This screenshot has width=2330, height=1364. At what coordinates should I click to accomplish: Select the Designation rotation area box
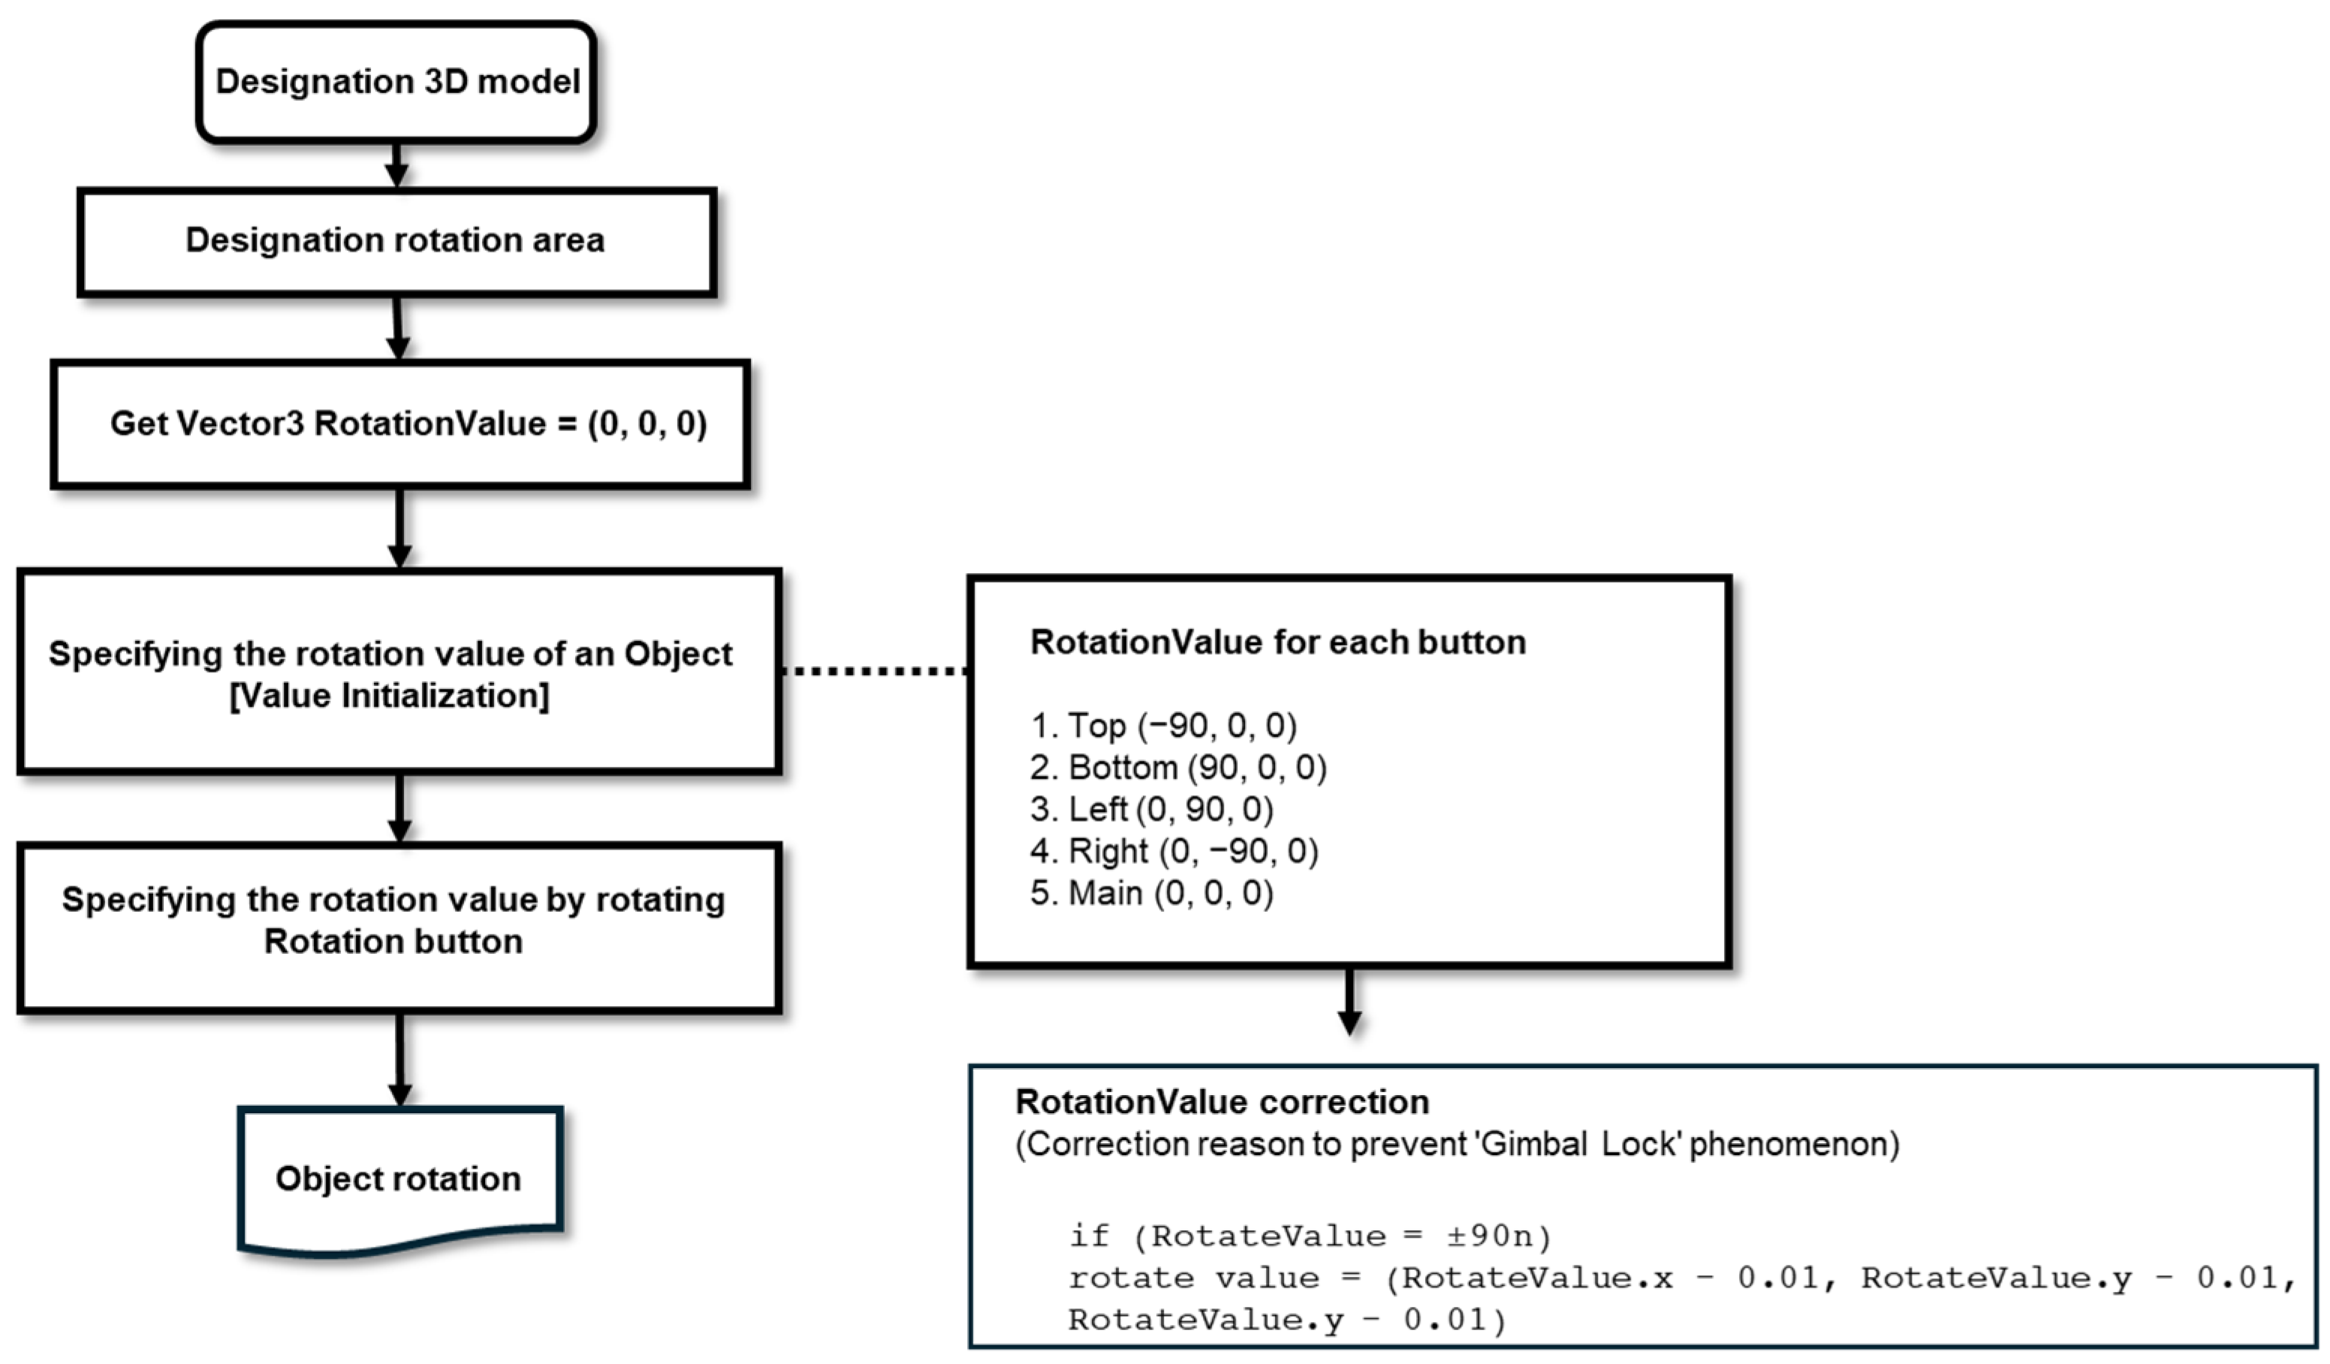(x=396, y=241)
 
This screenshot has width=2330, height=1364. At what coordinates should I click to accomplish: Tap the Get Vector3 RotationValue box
(x=399, y=424)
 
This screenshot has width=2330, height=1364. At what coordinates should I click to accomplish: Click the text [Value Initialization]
(x=389, y=696)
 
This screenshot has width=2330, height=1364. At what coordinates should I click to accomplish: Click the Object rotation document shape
(x=399, y=1179)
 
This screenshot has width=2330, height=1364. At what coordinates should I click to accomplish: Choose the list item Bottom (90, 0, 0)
(x=1180, y=768)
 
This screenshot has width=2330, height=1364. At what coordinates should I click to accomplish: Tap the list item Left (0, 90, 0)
(x=1153, y=809)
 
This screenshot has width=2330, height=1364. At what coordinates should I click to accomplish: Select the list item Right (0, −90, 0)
(x=1175, y=851)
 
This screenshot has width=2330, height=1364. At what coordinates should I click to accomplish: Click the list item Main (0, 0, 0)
(x=1153, y=893)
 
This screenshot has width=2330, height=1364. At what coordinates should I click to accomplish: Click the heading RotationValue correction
(x=1222, y=1103)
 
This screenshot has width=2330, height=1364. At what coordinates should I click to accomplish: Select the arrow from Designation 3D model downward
(x=396, y=164)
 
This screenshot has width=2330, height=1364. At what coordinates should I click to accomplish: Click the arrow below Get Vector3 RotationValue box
(x=399, y=527)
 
